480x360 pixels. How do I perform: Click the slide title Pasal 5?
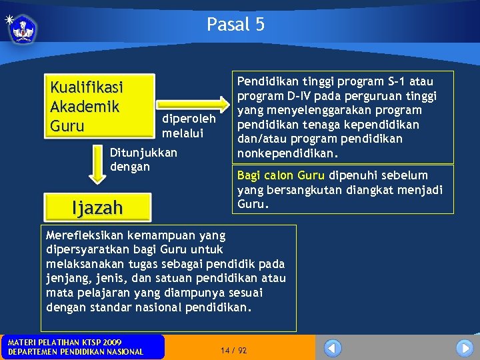coord(235,25)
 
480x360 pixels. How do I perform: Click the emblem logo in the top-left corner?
coord(24,29)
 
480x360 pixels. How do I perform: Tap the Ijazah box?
coord(97,208)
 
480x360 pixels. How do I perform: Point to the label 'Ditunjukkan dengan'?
coord(143,159)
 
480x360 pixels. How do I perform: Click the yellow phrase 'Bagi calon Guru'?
coord(281,175)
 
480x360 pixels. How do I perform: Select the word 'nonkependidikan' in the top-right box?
coord(283,153)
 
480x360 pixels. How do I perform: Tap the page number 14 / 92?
coord(233,350)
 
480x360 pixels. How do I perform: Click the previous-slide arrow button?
coord(333,348)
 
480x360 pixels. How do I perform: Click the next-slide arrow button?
coord(464,348)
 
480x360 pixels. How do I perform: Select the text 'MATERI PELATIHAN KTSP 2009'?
coord(65,342)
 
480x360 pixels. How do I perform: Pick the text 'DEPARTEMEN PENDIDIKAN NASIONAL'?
coord(75,352)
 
